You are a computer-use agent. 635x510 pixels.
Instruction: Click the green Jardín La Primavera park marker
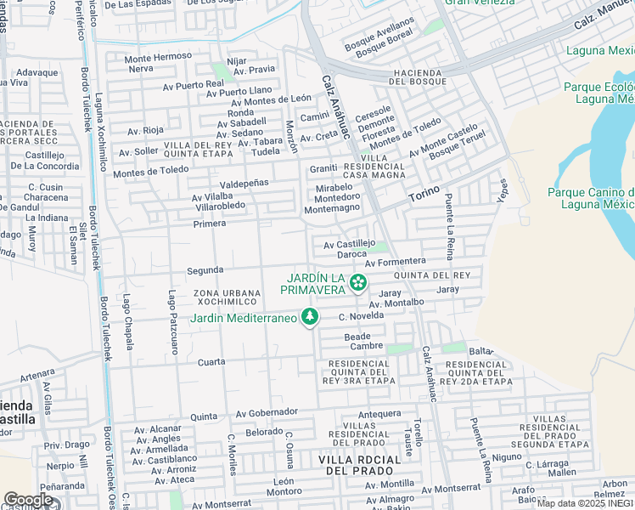coord(359,281)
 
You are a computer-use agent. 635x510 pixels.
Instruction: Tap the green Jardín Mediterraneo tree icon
coord(310,317)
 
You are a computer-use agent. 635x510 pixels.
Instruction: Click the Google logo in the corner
coord(28,500)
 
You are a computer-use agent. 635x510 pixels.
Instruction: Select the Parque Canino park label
coord(591,198)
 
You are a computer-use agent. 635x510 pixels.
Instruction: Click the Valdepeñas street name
coord(244,183)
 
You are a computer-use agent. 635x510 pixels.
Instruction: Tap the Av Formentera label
coord(395,261)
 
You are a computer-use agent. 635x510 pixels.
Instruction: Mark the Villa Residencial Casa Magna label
coord(379,166)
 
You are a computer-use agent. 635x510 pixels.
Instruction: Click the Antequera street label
coord(379,414)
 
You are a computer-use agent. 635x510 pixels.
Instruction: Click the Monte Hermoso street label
coord(158,57)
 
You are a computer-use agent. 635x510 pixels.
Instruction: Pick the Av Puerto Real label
coord(194,84)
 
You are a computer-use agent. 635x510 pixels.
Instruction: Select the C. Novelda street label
coord(361,316)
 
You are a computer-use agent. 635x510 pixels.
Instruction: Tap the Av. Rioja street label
coord(145,131)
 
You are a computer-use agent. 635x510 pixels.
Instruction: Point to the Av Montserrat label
coord(222,505)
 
